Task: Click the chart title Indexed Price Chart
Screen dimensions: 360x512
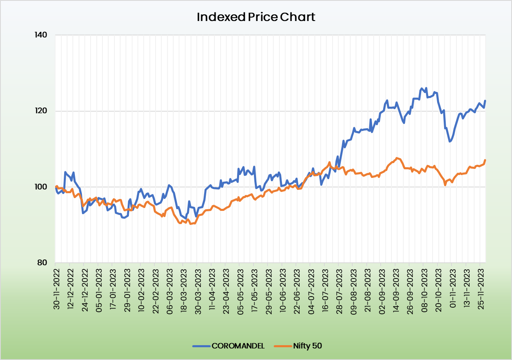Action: click(x=256, y=17)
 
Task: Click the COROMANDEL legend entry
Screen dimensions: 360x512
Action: click(x=229, y=346)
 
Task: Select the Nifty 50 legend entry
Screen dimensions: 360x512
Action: click(x=298, y=346)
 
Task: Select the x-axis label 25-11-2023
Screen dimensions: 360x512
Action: click(x=480, y=288)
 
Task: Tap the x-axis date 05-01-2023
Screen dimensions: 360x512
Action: click(x=98, y=288)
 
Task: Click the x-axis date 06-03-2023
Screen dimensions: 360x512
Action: click(x=169, y=288)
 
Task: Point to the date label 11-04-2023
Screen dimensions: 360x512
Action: click(x=212, y=288)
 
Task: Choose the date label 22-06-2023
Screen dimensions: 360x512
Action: click(x=296, y=288)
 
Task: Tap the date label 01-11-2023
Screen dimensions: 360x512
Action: click(x=452, y=288)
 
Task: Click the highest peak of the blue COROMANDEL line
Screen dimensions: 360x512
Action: click(x=422, y=88)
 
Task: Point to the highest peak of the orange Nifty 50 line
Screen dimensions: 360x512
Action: click(x=396, y=158)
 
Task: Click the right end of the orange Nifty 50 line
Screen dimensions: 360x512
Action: click(x=485, y=160)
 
